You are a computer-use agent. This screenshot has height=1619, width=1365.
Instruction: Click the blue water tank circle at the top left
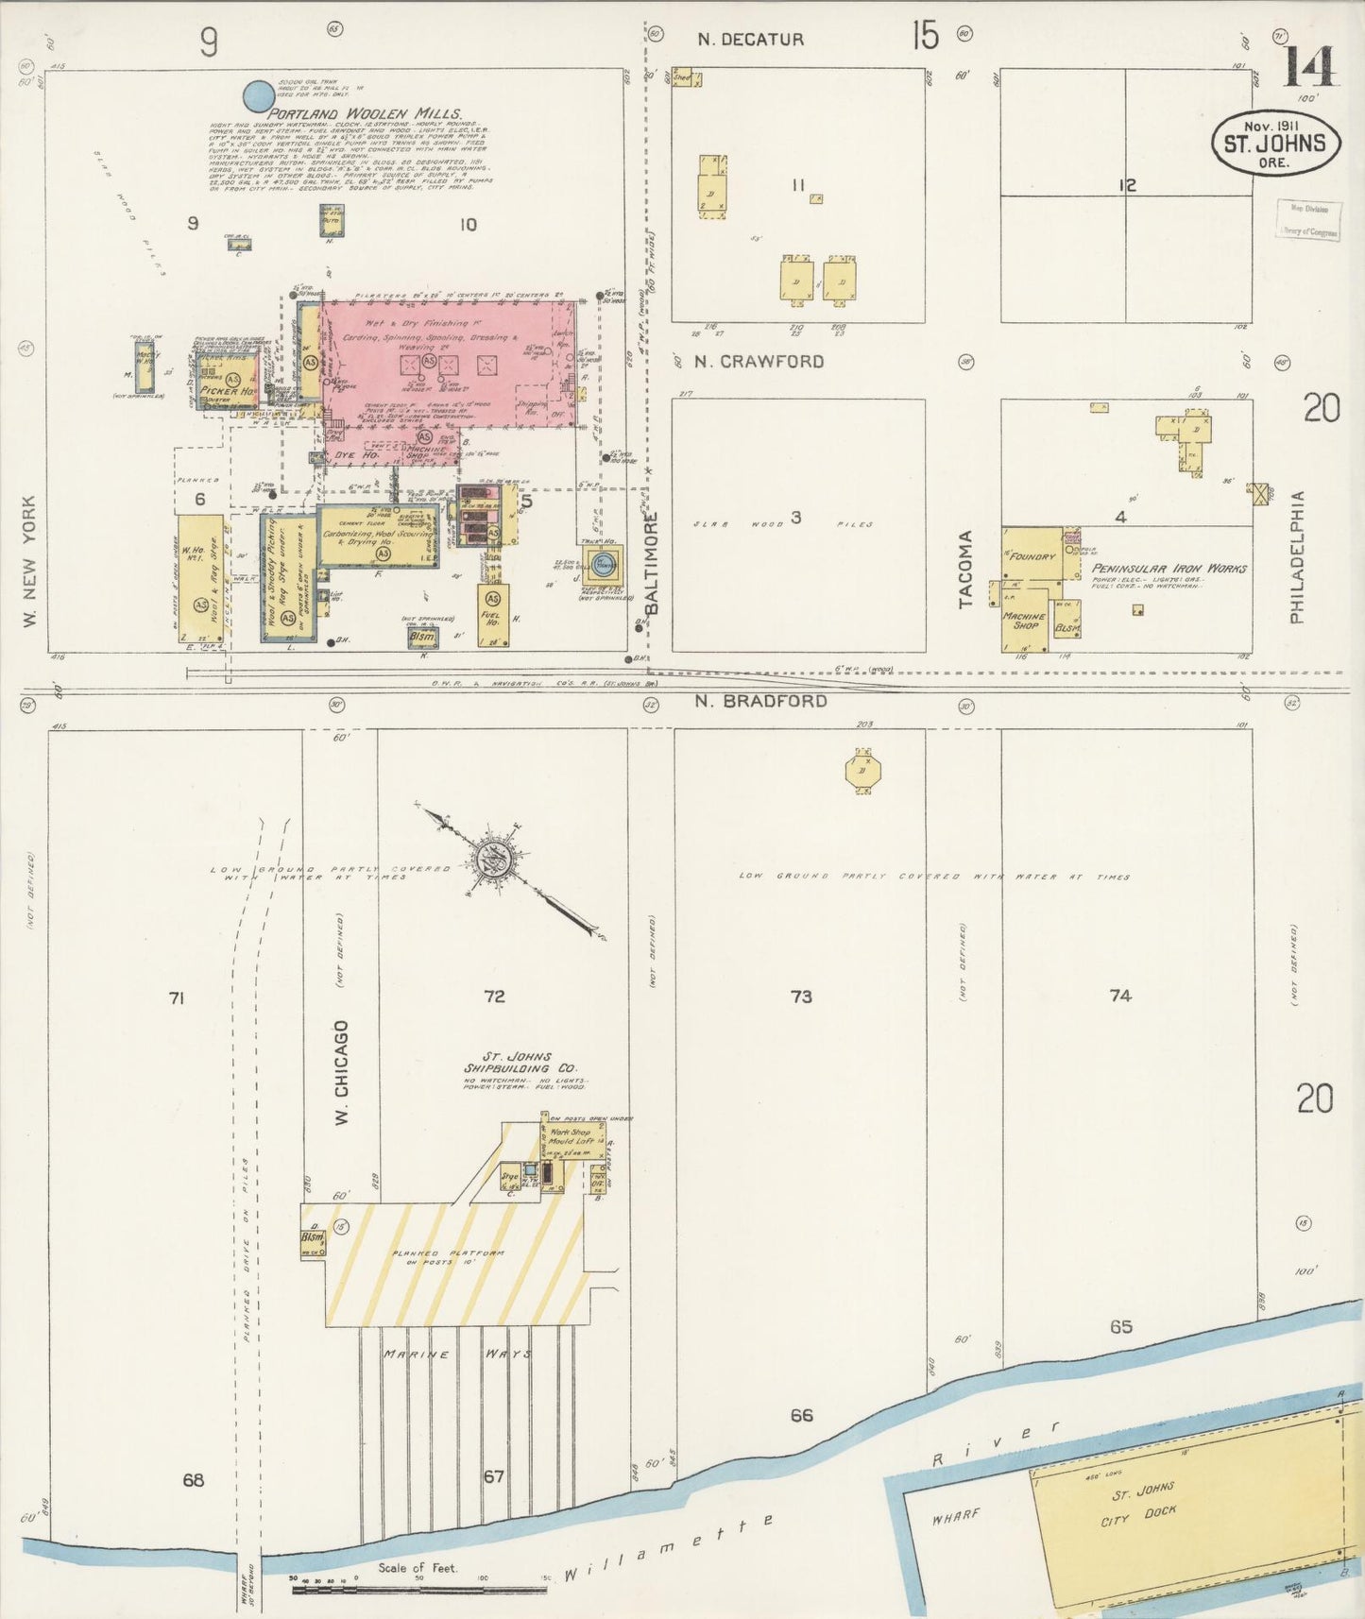(259, 95)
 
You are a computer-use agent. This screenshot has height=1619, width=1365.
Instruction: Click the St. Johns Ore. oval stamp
(1275, 145)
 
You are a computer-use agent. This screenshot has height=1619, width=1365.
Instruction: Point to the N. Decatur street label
(751, 40)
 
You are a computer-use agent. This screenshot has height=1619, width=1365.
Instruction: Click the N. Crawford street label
(759, 362)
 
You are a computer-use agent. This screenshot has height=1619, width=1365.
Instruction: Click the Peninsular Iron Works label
(1169, 569)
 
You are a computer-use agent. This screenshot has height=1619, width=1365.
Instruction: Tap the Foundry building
(1032, 556)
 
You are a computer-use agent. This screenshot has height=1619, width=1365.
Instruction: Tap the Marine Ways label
(457, 1354)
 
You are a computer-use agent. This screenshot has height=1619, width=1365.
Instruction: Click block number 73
(801, 997)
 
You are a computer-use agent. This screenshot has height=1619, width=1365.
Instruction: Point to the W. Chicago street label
(342, 1072)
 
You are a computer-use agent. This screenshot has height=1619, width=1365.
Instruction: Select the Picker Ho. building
(228, 390)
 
